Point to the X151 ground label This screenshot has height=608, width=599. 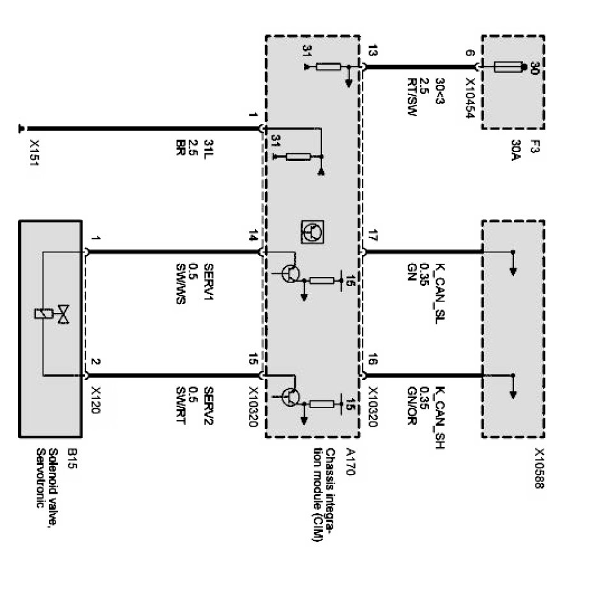tap(34, 153)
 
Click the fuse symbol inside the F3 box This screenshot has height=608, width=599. tap(508, 66)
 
